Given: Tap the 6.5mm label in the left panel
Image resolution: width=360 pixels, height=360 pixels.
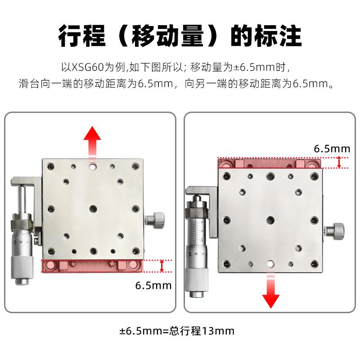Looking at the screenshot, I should point(153,284).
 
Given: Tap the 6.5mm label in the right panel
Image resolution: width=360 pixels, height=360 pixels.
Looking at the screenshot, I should point(332,148).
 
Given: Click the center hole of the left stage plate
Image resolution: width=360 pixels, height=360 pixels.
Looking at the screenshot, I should point(93,208).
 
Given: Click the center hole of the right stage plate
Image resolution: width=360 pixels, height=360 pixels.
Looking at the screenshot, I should point(270,220).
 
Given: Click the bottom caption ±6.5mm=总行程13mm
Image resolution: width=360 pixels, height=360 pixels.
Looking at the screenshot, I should point(177,331).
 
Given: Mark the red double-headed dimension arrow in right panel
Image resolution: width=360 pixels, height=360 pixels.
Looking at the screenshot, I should point(339,162).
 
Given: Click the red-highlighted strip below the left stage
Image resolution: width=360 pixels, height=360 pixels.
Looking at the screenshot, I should point(92,265).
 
